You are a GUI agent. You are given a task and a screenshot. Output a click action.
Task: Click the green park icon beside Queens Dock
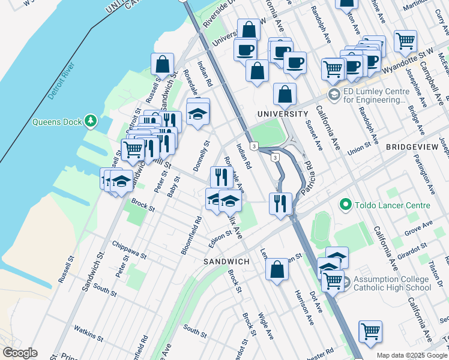pos(91,121)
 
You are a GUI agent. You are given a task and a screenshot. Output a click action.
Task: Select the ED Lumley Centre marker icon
pos(333,95)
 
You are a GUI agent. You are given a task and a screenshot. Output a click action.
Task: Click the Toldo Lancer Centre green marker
pos(345,205)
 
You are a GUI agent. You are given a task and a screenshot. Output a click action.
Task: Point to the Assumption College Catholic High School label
pos(392,283)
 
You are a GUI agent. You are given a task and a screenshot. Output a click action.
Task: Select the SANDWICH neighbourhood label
pos(226,262)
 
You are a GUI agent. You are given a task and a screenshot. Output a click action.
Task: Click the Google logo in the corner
pos(20,352)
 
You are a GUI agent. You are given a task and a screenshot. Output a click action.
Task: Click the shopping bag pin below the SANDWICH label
pos(277,269)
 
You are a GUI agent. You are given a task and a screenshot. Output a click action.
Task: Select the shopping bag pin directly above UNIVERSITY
pos(285,94)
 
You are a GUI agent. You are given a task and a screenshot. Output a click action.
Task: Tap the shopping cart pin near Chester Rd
pos(370,331)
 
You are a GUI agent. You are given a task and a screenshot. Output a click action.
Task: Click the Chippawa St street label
pos(129,249)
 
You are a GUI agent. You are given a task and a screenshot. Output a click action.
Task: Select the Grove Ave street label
pos(418,227)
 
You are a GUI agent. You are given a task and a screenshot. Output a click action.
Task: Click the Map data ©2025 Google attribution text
pos(411,355)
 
